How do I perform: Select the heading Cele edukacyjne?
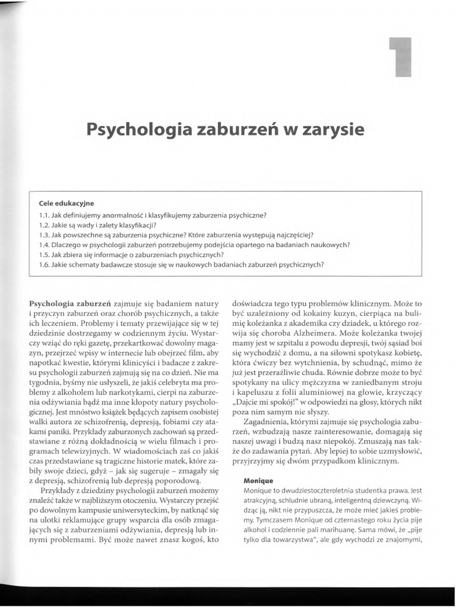66,203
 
